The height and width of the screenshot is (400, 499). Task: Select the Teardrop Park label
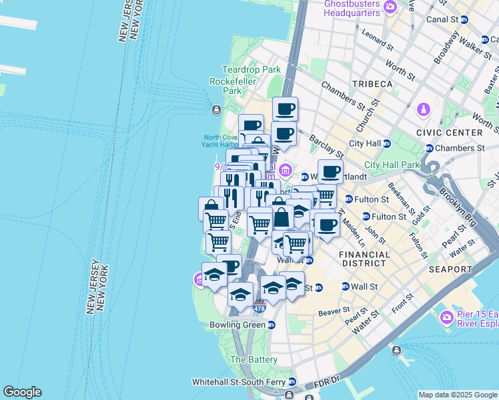[x=252, y=69]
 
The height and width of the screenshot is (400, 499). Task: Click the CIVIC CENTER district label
[x=449, y=133]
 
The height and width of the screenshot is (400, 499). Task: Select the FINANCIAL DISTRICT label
[x=364, y=259]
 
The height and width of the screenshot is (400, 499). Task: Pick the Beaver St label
[x=334, y=311]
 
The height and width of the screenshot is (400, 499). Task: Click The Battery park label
[x=254, y=359]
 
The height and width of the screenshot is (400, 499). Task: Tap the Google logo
[x=22, y=392]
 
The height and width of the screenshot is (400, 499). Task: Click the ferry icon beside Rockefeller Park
[x=215, y=110]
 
